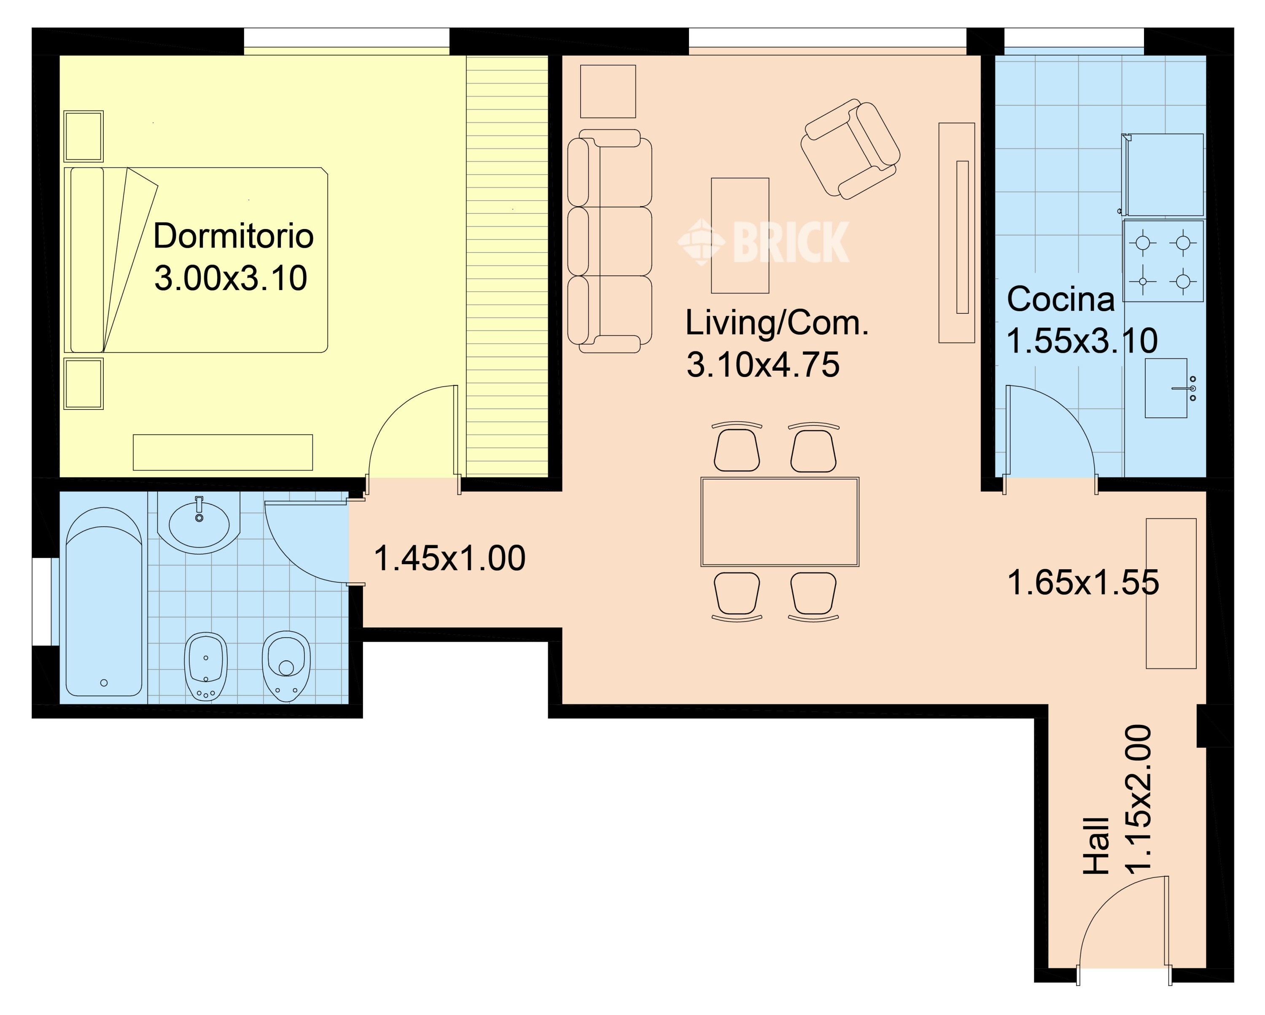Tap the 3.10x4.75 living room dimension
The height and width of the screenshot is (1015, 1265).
[763, 364]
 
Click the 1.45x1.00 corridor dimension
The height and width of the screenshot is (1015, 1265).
[449, 558]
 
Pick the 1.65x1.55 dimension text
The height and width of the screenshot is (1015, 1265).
[1083, 583]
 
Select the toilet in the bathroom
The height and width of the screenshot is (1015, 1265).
[286, 666]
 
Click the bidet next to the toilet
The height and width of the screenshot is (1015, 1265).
[206, 667]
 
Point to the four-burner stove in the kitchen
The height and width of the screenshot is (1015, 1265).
[1163, 261]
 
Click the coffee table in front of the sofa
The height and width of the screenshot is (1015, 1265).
[740, 235]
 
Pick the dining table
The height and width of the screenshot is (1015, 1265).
[780, 522]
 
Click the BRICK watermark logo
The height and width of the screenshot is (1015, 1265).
[763, 242]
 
